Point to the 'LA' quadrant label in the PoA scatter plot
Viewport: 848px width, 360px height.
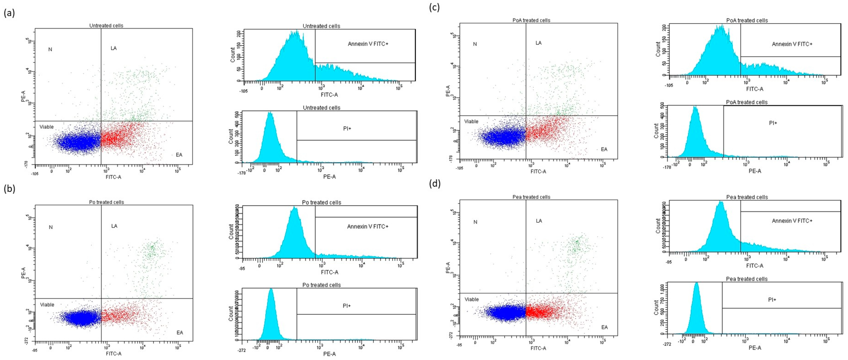click(539, 43)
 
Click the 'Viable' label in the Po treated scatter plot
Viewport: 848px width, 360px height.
click(47, 305)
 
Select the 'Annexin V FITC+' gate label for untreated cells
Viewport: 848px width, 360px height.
click(368, 44)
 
